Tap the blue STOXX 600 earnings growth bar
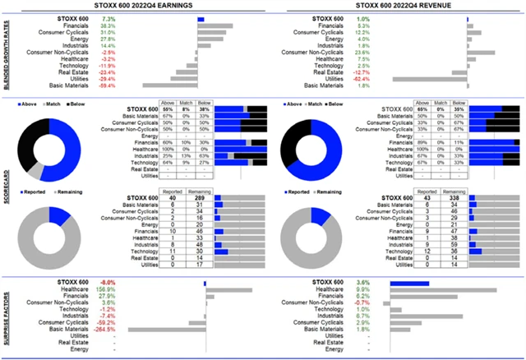tap(201, 17)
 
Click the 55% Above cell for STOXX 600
tap(168, 108)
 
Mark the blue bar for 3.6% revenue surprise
tap(410, 284)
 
